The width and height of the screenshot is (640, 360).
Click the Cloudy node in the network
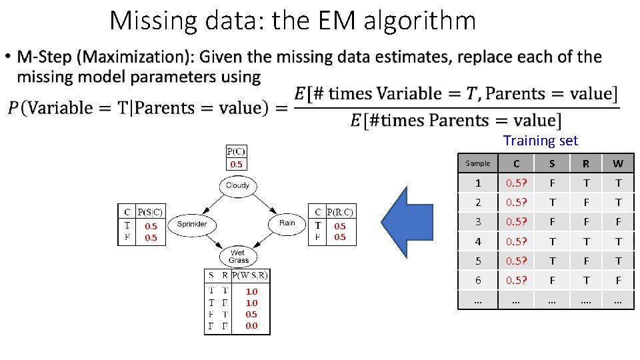(237, 185)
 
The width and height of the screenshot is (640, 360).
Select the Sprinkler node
(191, 224)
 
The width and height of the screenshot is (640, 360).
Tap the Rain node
(287, 223)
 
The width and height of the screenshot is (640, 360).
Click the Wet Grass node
(238, 257)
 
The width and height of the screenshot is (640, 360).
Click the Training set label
(540, 141)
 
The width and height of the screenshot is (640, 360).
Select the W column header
(617, 163)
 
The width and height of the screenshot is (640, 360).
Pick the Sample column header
(477, 163)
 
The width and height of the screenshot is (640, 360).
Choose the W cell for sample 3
(617, 222)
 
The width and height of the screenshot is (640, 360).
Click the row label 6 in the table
(477, 281)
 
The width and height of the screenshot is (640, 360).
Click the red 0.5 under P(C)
(236, 164)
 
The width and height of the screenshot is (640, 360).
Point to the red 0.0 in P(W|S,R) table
(251, 326)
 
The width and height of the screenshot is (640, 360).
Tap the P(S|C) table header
(149, 212)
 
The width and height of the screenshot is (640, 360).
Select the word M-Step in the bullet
(42, 57)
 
